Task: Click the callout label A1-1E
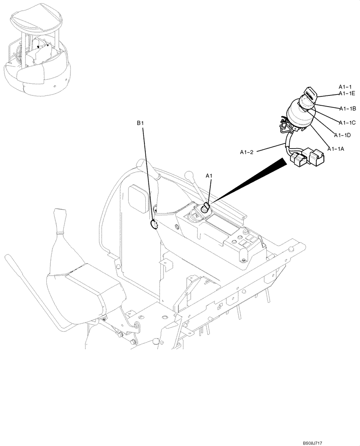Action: point(346,93)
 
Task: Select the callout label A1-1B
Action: point(347,108)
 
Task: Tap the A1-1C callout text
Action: point(347,123)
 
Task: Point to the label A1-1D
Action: point(342,135)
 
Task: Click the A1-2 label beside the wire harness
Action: point(247,152)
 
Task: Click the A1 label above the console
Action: point(209,176)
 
